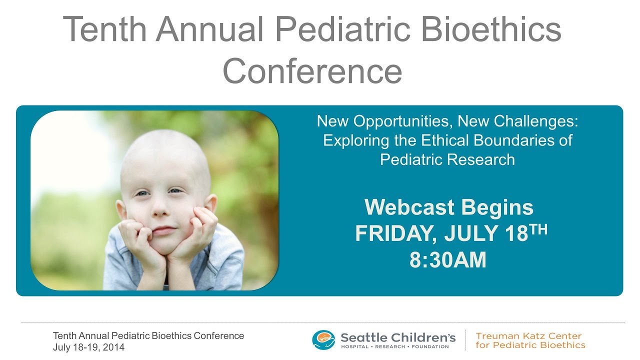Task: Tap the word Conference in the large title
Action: (x=312, y=71)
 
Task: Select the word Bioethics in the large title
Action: (x=491, y=29)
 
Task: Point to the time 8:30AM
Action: (x=448, y=260)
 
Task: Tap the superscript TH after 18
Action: (x=538, y=229)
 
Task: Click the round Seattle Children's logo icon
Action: (x=323, y=339)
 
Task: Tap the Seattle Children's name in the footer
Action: (x=398, y=337)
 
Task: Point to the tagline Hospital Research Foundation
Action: (x=395, y=347)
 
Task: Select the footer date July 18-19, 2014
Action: (x=89, y=347)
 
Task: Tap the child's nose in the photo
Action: (x=161, y=209)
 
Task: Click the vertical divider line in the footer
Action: (x=465, y=340)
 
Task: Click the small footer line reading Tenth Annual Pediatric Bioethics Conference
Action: (x=148, y=336)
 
